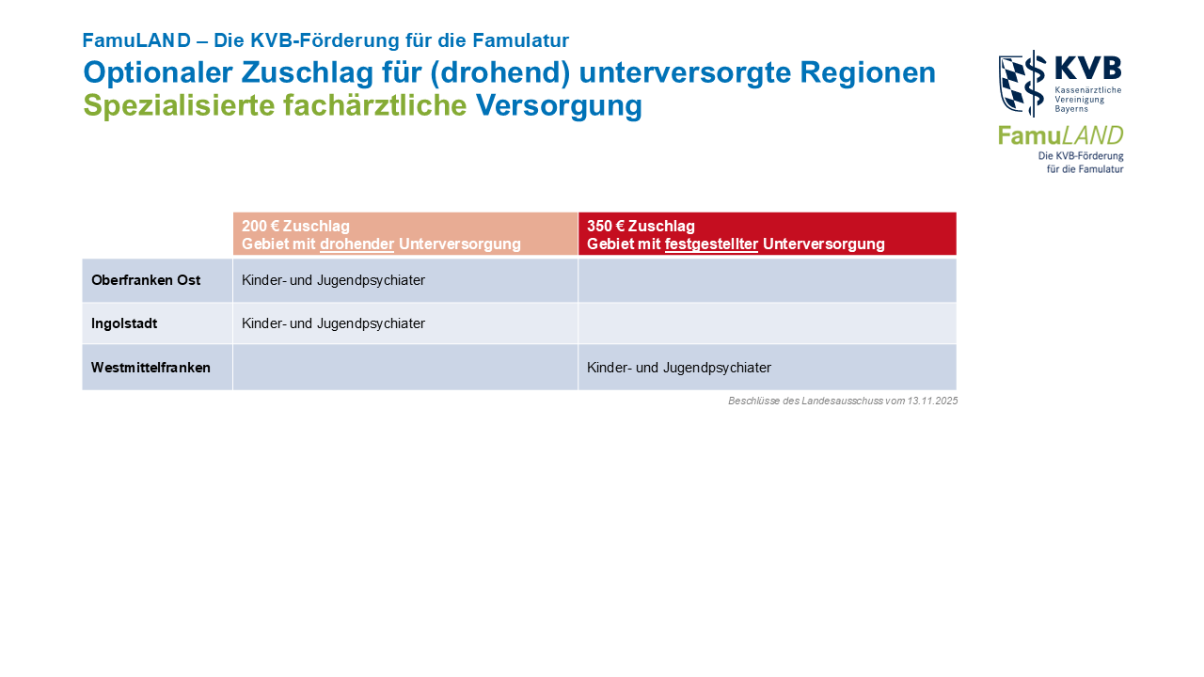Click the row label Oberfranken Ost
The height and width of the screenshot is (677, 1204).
[x=146, y=280]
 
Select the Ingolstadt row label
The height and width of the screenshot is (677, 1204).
[x=124, y=323]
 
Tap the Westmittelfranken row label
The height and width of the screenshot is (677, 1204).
[x=150, y=368]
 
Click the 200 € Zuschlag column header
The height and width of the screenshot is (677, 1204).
[x=295, y=226]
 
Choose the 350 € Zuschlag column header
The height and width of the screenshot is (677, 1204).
[x=641, y=226]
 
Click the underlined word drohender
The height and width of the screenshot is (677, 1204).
[x=356, y=244]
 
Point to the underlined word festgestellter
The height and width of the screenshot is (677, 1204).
[x=711, y=244]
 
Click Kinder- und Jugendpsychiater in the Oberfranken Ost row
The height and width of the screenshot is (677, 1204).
[x=333, y=280]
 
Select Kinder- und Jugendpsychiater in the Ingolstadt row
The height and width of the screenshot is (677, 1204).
[x=333, y=323]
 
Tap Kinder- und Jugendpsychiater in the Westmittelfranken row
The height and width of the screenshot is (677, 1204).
[x=679, y=368]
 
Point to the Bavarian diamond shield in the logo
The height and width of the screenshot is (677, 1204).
[x=1012, y=85]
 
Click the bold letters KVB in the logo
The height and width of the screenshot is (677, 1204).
[x=1088, y=69]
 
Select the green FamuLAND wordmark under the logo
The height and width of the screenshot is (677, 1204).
[x=1060, y=135]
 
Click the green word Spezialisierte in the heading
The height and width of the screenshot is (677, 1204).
[x=179, y=105]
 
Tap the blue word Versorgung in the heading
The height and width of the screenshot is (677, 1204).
[x=559, y=105]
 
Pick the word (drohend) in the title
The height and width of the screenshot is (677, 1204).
[x=499, y=73]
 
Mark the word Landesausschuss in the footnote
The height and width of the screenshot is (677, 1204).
[x=842, y=401]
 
